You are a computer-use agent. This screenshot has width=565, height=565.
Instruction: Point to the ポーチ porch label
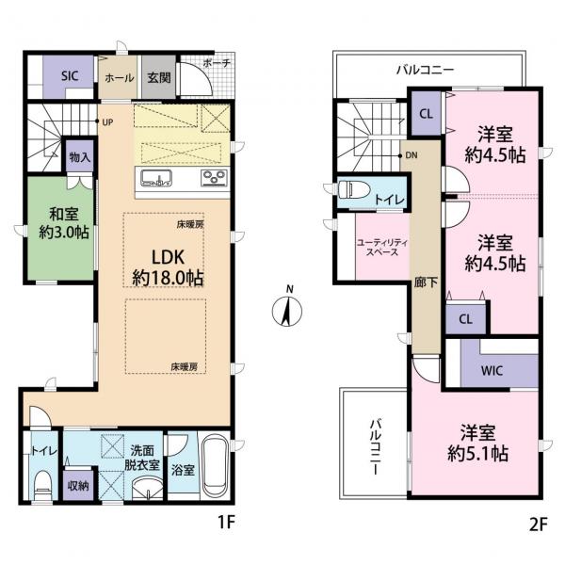pos(216,63)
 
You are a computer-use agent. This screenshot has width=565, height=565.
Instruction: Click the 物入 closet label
pos(80,158)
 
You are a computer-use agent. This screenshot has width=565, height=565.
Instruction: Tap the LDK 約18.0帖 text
pos(167,267)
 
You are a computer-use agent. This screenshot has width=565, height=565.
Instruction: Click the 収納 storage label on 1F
pos(77,487)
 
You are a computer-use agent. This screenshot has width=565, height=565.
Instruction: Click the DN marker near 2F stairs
pos(411,155)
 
